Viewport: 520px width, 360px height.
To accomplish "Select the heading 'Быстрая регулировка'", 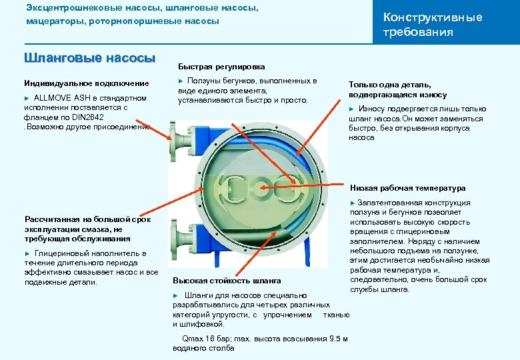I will pos(221,67).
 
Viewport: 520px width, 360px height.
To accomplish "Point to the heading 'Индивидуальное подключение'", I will pos(87,83).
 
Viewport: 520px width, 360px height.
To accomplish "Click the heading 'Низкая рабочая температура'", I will pos(407,188).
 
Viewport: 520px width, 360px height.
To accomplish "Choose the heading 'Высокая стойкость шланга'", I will pos(227,281).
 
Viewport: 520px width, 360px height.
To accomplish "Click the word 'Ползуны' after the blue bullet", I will pos(203,81).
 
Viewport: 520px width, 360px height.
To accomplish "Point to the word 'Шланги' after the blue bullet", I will pos(198,295).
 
